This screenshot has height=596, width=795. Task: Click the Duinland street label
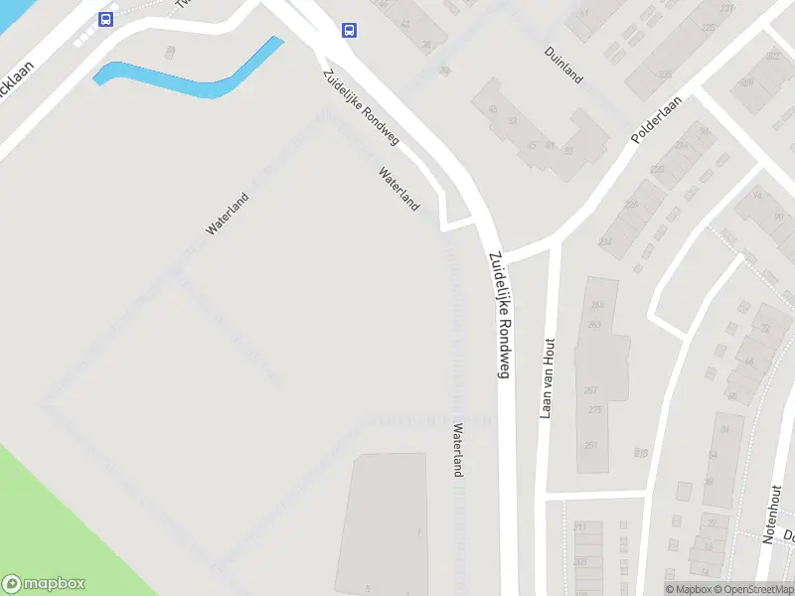coord(563,65)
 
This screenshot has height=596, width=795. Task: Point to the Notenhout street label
coord(772,514)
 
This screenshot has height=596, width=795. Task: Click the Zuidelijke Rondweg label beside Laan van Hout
coord(499,314)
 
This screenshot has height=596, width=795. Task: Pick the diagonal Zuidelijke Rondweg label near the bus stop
coord(360,107)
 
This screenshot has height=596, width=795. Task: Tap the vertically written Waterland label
coord(458,451)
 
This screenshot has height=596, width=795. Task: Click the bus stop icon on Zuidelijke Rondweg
coord(349,30)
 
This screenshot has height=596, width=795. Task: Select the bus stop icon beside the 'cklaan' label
coord(105,19)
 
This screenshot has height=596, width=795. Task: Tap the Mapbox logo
coord(44,584)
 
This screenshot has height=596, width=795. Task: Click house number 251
coord(592,444)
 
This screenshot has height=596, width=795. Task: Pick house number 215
coord(641,453)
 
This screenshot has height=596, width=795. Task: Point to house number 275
coord(595,410)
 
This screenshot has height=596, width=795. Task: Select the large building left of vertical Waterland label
coord(383,521)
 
